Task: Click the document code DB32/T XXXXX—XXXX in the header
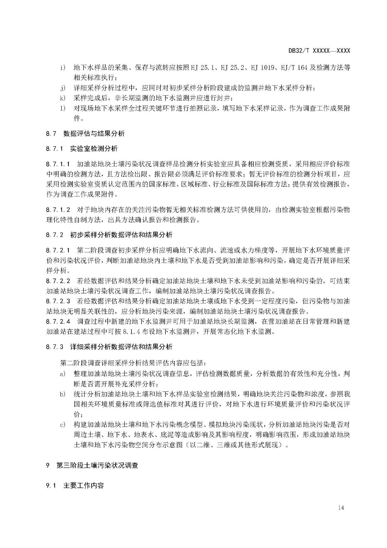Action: pos(319,51)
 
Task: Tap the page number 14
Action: pos(341,508)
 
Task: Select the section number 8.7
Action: pos(51,134)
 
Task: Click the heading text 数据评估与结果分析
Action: pos(94,134)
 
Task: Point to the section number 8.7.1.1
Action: pos(58,164)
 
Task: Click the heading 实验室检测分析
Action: pos(94,149)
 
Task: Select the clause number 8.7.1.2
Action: pos(58,210)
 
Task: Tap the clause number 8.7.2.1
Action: pos(58,250)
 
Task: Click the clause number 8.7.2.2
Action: pos(58,281)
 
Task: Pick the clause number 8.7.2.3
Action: pos(58,301)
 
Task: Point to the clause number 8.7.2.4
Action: pos(58,321)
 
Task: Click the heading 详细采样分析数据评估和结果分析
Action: pos(121,347)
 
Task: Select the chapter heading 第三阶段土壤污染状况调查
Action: pos(97,465)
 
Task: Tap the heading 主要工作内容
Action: pos(83,485)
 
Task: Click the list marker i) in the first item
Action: pos(63,68)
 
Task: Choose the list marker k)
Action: pos(63,98)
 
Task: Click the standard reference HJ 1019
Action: pos(263,68)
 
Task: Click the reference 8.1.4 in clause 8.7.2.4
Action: pos(132,332)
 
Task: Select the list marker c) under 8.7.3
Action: pos(63,425)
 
